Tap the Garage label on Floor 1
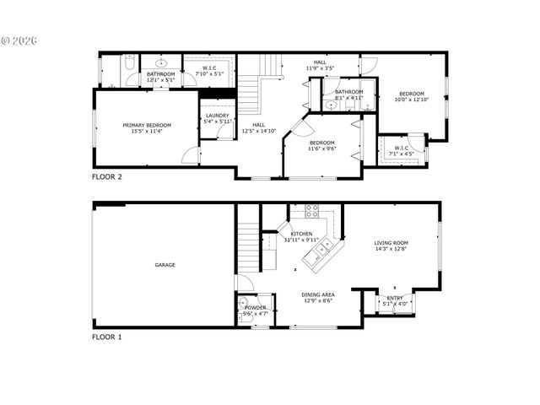point(165,265)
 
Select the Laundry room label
point(218,116)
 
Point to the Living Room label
point(391,243)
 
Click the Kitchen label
point(301,234)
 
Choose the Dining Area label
point(318,294)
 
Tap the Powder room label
point(256,308)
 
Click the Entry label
point(395,298)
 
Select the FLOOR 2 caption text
point(107,177)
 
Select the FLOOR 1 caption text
point(107,337)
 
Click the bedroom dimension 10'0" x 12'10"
point(412,100)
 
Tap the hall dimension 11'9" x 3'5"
point(320,67)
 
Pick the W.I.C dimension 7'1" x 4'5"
point(400,154)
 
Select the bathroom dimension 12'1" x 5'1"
point(160,80)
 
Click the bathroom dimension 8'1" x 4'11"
point(348,98)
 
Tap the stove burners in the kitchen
point(311,211)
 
